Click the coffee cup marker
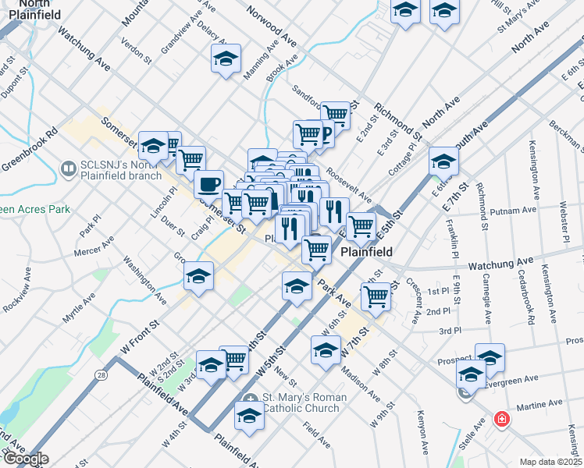208,185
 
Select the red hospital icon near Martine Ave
500,419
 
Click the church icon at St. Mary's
250,399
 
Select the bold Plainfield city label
367,253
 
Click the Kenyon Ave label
422,431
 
